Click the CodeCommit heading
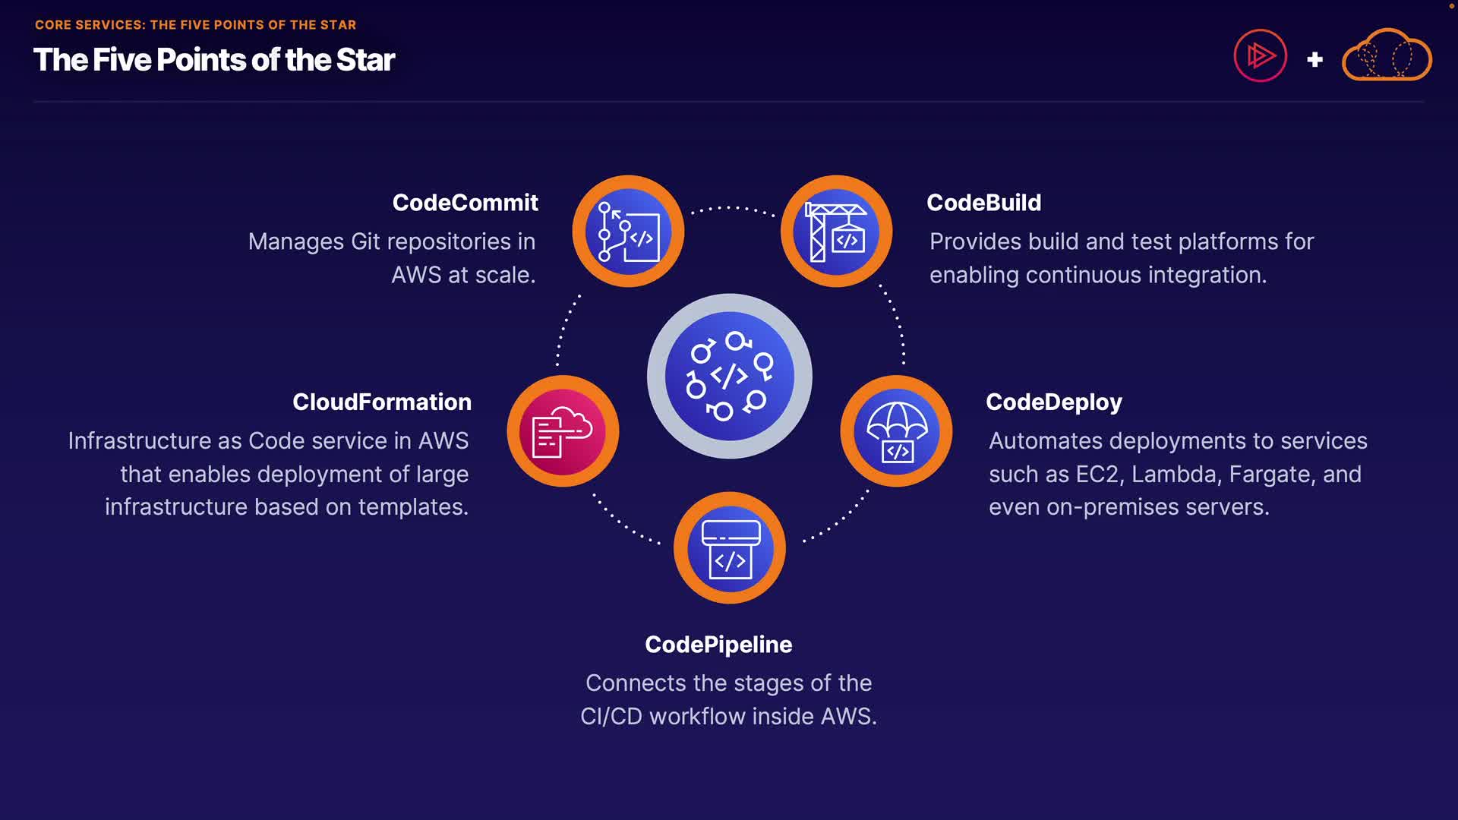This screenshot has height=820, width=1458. pyautogui.click(x=465, y=203)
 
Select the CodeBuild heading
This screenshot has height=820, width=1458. pyautogui.click(x=983, y=203)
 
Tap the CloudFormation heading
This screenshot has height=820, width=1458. pyautogui.click(x=382, y=402)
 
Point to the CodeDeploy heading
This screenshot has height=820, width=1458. pyautogui.click(x=1053, y=402)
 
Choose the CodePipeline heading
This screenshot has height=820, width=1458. pyautogui.click(x=718, y=645)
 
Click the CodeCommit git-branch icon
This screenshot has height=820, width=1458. pyautogui.click(x=628, y=232)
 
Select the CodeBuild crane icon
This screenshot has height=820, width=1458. pyautogui.click(x=836, y=232)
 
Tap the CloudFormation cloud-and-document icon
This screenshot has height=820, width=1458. pyautogui.click(x=563, y=431)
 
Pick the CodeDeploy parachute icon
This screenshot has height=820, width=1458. pyautogui.click(x=896, y=431)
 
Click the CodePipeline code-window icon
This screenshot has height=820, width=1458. pyautogui.click(x=730, y=548)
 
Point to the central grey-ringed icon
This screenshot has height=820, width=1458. pyautogui.click(x=730, y=376)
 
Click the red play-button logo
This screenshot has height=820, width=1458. pyautogui.click(x=1260, y=56)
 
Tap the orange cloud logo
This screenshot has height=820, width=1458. pyautogui.click(x=1387, y=55)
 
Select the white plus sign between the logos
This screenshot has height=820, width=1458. pyautogui.click(x=1315, y=59)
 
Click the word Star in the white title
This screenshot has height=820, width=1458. pyautogui.click(x=365, y=60)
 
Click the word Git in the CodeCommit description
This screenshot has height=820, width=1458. pyautogui.click(x=365, y=241)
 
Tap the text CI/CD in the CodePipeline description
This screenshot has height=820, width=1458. pyautogui.click(x=611, y=717)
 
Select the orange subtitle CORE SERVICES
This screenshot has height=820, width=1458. pyautogui.click(x=90, y=25)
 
